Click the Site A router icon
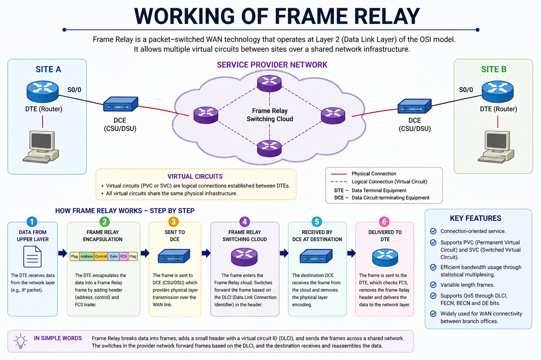point(43,91)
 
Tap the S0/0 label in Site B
point(466,90)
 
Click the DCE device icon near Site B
point(414,106)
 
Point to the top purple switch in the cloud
point(269,83)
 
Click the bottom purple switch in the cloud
point(269,148)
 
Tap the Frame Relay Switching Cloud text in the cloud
point(270,115)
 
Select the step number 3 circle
point(174,221)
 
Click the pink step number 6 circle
point(384,221)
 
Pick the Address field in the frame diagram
point(87,257)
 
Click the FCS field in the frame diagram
point(124,257)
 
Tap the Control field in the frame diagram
point(101,257)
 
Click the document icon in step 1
point(32,257)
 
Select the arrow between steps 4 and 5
point(284,253)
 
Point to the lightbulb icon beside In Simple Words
point(20,341)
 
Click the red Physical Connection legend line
point(339,174)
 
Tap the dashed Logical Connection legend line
point(339,182)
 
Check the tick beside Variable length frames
point(433,285)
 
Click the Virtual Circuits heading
point(195,177)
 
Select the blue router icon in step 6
point(385,257)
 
